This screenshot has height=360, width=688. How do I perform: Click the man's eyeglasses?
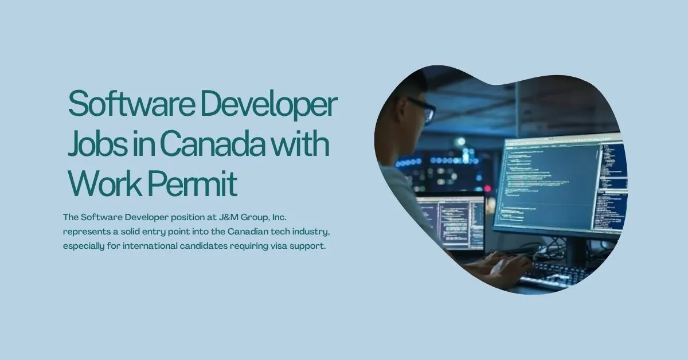pos(424,110)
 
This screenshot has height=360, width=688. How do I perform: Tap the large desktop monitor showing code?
pos(559,183)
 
